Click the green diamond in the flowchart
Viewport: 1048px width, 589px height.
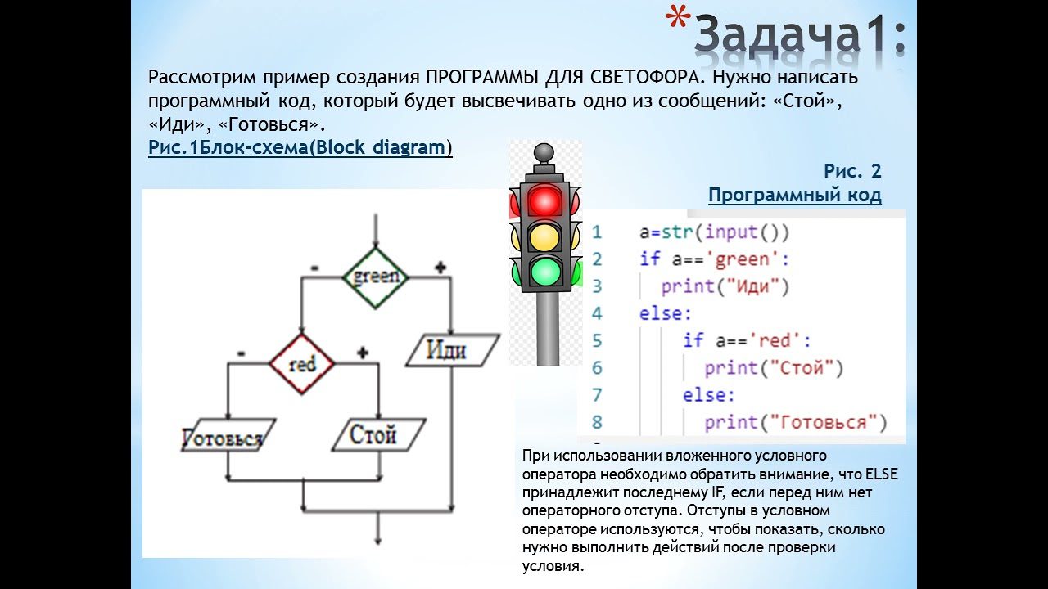click(x=376, y=277)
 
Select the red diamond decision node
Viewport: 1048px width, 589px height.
click(x=302, y=364)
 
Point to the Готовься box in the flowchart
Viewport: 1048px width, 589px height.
click(x=223, y=438)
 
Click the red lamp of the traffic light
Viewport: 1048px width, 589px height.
click(x=544, y=200)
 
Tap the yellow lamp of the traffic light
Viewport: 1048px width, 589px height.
click(x=544, y=236)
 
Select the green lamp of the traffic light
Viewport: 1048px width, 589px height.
click(x=544, y=271)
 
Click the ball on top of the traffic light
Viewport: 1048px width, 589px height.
click(x=544, y=152)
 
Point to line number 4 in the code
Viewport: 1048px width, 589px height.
click(x=597, y=313)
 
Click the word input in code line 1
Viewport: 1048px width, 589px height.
click(x=731, y=232)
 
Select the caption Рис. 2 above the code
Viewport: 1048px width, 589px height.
click(x=852, y=171)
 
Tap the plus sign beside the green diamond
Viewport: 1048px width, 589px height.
click(x=440, y=268)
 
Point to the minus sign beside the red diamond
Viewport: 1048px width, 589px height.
click(x=241, y=353)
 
